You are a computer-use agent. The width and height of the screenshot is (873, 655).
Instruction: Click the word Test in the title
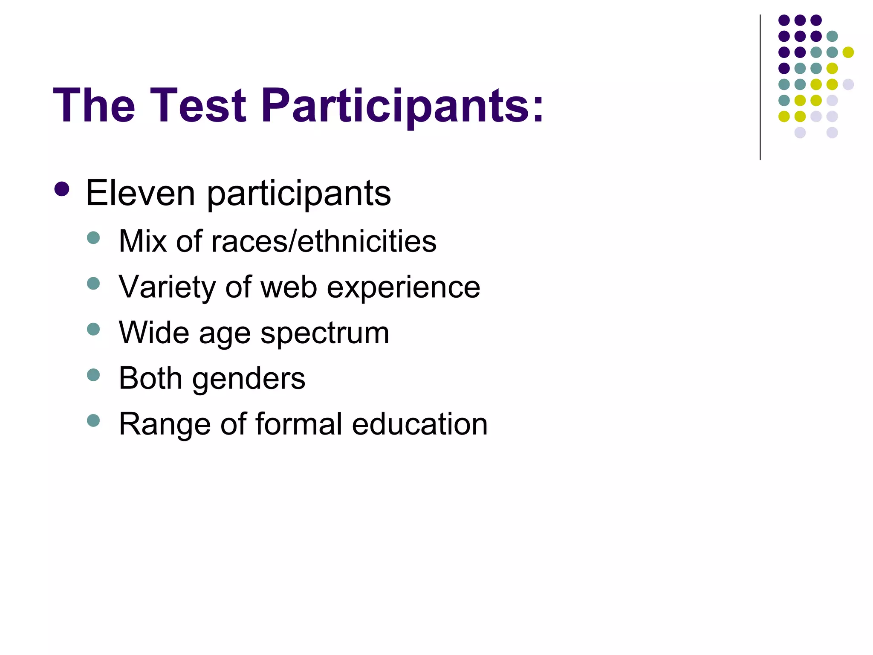pos(198,105)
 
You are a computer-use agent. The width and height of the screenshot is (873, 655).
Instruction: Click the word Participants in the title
pos(403,105)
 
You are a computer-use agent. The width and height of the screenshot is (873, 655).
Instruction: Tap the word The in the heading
pos(94,105)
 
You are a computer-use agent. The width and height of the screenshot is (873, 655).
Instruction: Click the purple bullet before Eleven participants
pos(62,189)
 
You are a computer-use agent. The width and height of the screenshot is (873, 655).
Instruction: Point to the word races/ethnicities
pos(324,241)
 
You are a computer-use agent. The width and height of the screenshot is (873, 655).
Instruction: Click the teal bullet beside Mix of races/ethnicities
pos(93,238)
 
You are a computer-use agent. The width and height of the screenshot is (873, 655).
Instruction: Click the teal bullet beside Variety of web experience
pos(93,283)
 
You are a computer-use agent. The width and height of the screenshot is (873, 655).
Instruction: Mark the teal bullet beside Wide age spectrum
pos(93,329)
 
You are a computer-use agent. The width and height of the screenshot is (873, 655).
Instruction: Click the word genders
pos(249,379)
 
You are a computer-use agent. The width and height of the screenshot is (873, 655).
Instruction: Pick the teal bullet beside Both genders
pos(93,375)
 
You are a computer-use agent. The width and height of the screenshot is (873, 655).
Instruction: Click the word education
pos(420,424)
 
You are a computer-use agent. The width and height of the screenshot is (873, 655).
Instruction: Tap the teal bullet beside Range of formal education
pos(93,420)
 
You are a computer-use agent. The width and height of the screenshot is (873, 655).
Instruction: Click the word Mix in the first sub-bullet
pos(143,241)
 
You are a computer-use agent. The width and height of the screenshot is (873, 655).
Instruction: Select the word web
pos(289,287)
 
